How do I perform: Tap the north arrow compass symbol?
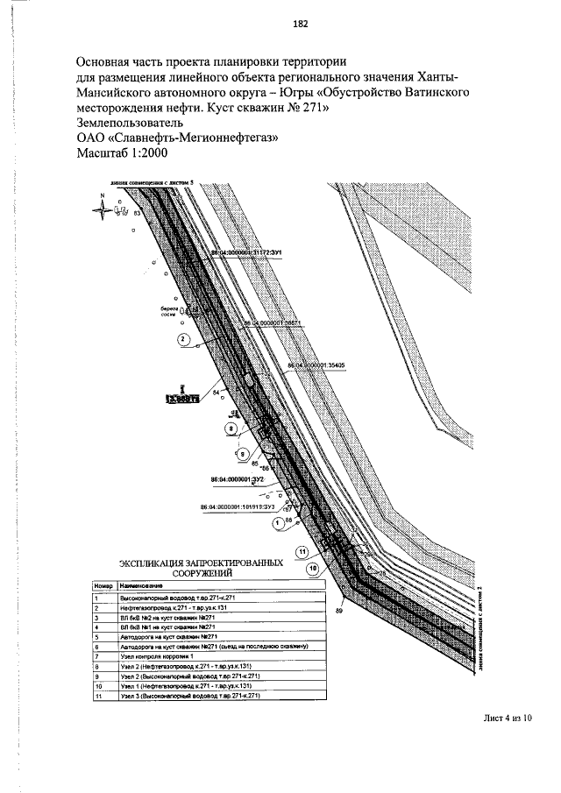[103, 207]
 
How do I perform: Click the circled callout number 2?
[183, 338]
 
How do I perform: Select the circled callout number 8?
[231, 429]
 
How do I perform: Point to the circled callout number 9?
[243, 454]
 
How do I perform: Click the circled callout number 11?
[301, 552]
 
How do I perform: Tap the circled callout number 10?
[312, 568]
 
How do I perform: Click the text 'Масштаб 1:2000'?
[120, 152]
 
